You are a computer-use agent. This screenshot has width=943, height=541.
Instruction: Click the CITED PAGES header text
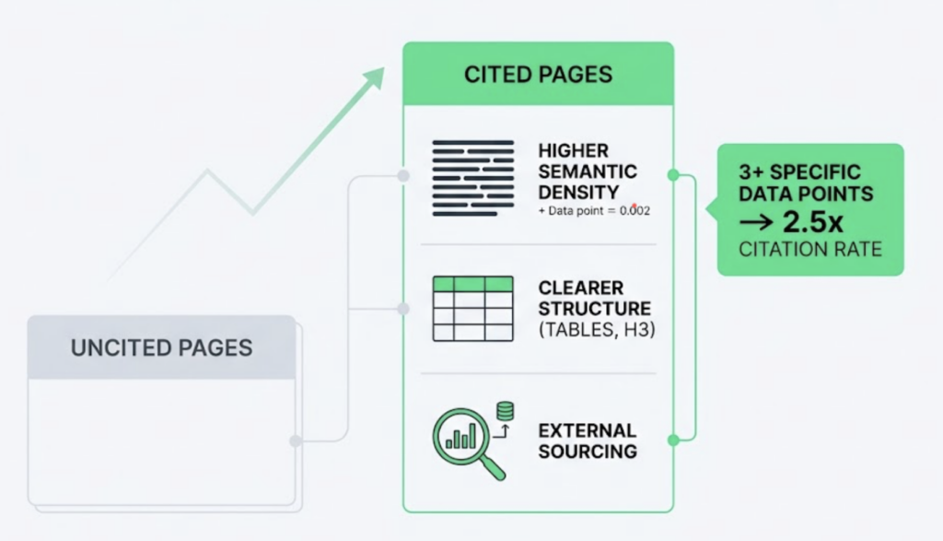pyautogui.click(x=538, y=74)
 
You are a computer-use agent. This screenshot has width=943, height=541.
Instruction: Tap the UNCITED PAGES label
pyautogui.click(x=161, y=347)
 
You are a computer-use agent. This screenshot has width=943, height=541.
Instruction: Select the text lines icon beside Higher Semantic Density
pyautogui.click(x=472, y=177)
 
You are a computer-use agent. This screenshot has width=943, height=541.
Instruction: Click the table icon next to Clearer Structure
pyautogui.click(x=472, y=309)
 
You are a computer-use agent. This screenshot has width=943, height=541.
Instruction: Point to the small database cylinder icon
pyautogui.click(x=505, y=411)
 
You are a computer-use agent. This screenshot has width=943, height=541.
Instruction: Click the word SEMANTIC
pyautogui.click(x=587, y=171)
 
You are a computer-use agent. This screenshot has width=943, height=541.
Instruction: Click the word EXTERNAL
pyautogui.click(x=587, y=430)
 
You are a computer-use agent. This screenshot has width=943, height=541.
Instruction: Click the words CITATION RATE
pyautogui.click(x=810, y=249)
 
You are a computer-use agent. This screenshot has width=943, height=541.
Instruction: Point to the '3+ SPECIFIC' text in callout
pyautogui.click(x=799, y=172)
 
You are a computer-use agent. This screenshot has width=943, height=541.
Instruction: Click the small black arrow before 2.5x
pyautogui.click(x=757, y=224)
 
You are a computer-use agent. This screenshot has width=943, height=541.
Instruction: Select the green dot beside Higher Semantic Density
pyautogui.click(x=673, y=174)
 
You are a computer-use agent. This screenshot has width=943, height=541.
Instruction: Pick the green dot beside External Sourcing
pyautogui.click(x=673, y=441)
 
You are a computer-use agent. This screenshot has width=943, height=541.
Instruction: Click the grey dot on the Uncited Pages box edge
pyautogui.click(x=296, y=441)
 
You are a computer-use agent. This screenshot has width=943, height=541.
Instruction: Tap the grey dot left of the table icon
pyautogui.click(x=402, y=309)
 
